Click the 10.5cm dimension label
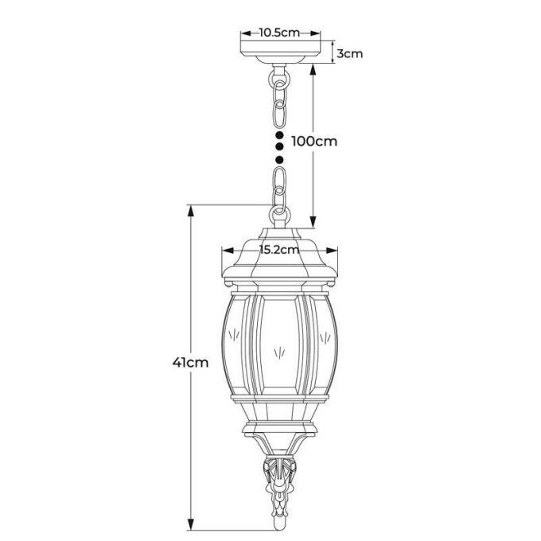point(279,33)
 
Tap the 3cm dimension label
point(349,54)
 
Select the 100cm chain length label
point(314,141)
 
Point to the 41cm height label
point(190,362)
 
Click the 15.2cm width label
point(279,250)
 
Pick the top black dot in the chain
point(279,134)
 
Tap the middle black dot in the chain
point(279,147)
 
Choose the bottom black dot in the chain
point(279,159)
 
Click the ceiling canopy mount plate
point(281,52)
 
